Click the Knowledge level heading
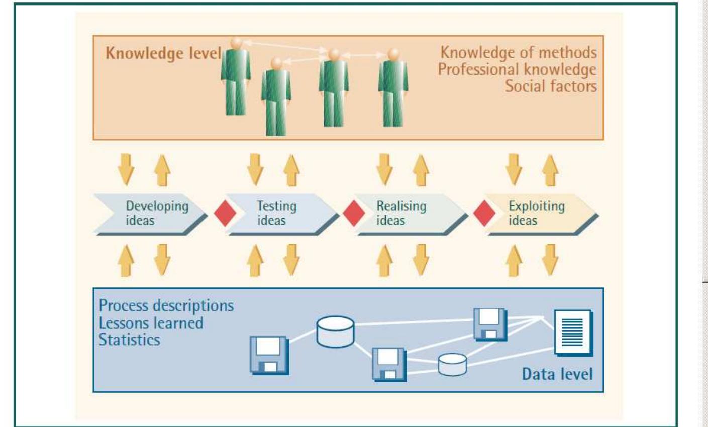pos(163,53)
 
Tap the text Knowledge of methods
pos(519,52)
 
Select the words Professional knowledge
pos(517,69)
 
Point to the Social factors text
pos(551,86)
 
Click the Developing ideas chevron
pos(151,213)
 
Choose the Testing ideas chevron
pos(279,213)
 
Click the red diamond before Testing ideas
pos(225,213)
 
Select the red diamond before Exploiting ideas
pos(484,213)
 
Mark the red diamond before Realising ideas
pos(354,213)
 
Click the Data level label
pos(557,374)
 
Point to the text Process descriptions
pos(166,305)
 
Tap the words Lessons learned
pos(151,322)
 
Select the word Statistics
pos(129,339)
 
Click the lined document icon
pos(572,331)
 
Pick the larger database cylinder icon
pos(335,331)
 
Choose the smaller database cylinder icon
pos(452,364)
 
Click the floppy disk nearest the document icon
pos(490,324)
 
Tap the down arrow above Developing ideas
pos(126,168)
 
